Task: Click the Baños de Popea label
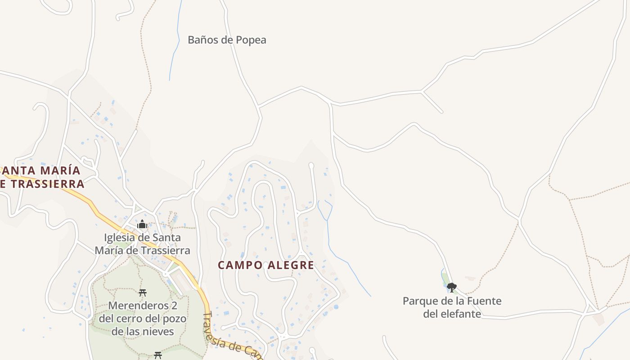[227, 40]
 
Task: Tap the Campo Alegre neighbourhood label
[266, 265]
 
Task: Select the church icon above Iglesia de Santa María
[142, 224]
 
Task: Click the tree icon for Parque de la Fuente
[451, 287]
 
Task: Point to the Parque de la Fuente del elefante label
[452, 307]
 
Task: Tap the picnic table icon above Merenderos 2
[143, 293]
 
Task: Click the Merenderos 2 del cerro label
[143, 319]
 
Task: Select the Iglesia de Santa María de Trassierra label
[142, 244]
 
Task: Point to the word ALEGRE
[291, 265]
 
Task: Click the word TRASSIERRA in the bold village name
[48, 184]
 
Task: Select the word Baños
[203, 40]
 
